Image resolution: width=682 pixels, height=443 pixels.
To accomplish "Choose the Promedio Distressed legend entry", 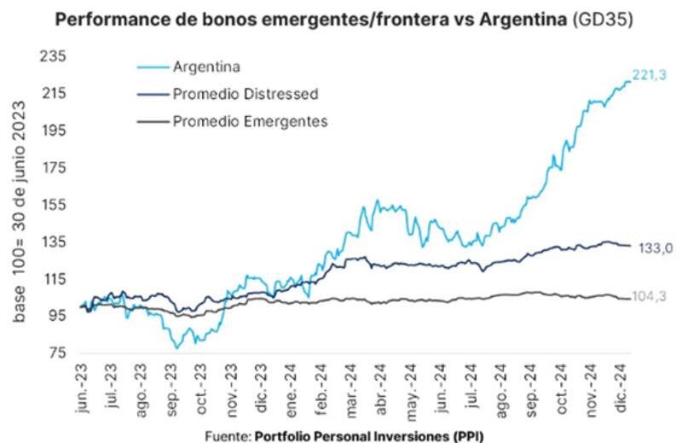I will pyautogui.click(x=246, y=93).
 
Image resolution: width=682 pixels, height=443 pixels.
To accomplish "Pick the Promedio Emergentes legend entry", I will pyautogui.click(x=250, y=121).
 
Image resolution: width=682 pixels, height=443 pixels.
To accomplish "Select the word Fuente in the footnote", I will pyautogui.click(x=226, y=435).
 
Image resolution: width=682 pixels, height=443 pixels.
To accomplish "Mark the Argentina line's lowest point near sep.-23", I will pyautogui.click(x=176, y=347).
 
